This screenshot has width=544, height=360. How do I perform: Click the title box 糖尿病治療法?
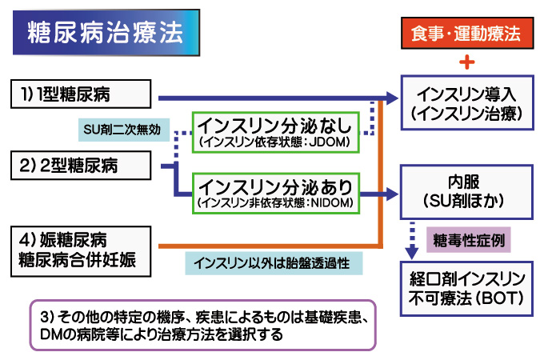coord(106,32)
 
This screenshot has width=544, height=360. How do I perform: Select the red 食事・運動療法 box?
coord(467,33)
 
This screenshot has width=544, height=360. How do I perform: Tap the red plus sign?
coord(467,62)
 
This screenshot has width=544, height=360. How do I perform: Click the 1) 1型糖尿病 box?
coord(81,94)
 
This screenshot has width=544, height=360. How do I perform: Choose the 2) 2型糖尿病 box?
coord(81,165)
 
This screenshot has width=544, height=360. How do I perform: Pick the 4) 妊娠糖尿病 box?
coord(81,251)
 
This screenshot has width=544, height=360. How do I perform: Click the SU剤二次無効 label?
coord(124,130)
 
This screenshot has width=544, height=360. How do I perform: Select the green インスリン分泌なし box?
coord(276,132)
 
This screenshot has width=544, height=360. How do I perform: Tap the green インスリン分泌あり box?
coord(276,193)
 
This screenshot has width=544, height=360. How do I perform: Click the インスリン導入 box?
coord(467,102)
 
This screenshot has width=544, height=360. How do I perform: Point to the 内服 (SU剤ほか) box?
coord(466,192)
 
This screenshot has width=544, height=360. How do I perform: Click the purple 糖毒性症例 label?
coord(468,240)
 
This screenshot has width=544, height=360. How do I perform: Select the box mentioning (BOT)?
coord(466,289)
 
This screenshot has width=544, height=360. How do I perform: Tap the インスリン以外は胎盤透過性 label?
coord(274,263)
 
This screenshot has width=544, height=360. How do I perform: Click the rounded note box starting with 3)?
coord(203,326)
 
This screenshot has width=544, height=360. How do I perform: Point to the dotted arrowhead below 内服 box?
coord(412,254)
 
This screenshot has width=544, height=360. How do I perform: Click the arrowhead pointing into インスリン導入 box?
coord(392,98)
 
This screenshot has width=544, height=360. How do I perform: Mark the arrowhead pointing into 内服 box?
coord(392,194)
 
